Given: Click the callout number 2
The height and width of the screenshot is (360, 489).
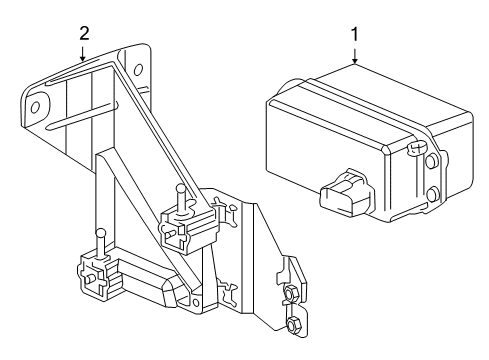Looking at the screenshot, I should [84, 33].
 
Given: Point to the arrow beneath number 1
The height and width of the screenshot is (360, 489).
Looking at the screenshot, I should [354, 56].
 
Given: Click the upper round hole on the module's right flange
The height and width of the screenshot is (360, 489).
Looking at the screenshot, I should [431, 159].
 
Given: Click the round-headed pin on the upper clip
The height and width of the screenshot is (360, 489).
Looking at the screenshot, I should [179, 190].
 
